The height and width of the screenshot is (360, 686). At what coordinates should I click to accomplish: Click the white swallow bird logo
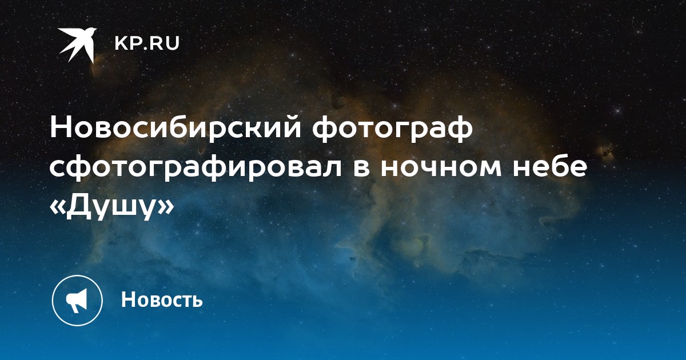(x=78, y=45)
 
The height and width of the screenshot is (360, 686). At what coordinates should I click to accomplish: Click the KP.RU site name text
(x=147, y=43)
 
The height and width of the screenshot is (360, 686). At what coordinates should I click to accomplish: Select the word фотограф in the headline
(x=393, y=130)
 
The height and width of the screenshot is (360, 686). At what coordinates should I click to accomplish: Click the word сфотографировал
(x=196, y=169)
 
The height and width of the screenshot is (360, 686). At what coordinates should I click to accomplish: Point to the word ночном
(x=441, y=169)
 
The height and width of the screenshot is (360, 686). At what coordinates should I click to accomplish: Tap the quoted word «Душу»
(x=112, y=207)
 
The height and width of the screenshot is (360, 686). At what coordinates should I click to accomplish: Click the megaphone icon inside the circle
(x=77, y=301)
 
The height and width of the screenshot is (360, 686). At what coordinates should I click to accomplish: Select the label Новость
(x=162, y=299)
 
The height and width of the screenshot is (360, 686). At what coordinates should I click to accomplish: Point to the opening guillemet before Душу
(x=57, y=207)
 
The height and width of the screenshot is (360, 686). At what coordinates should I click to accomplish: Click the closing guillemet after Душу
(x=167, y=207)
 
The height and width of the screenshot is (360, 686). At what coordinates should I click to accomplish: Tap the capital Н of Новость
(x=128, y=299)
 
